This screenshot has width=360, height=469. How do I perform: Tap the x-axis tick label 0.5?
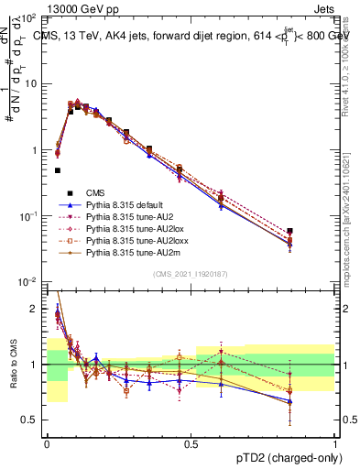(191, 442)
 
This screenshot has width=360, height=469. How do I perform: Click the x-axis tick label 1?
(334, 442)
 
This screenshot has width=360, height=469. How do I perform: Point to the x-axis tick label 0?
(47, 442)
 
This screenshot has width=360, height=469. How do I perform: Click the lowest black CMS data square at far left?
(58, 170)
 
